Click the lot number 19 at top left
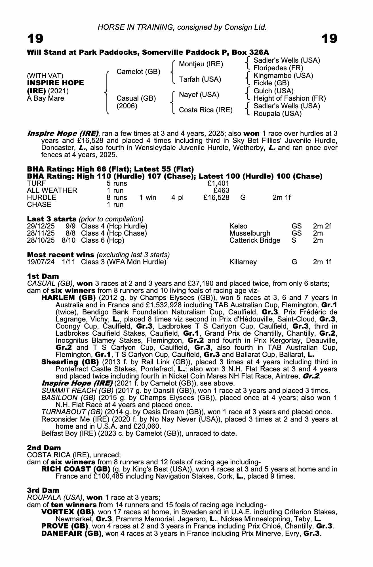tap(35, 39)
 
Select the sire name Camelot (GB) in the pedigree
tap(138, 72)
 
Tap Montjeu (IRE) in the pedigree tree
tap(201, 64)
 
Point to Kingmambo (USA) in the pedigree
tap(283, 76)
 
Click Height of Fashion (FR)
tap(289, 98)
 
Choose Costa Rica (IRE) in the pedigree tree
tap(205, 110)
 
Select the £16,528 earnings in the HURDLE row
tap(216, 197)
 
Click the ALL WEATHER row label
tap(52, 191)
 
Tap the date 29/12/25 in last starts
tap(41, 226)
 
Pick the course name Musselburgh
tap(250, 233)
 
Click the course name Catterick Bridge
tap(254, 240)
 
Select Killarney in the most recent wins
tap(243, 262)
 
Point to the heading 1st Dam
tap(43, 276)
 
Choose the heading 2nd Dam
tap(44, 448)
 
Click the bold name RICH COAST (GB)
tap(76, 469)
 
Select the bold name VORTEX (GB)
tap(68, 512)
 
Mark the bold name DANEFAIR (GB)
tap(71, 533)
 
